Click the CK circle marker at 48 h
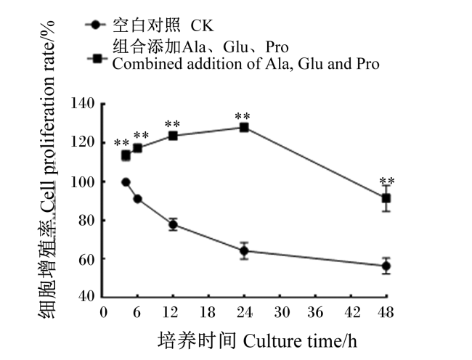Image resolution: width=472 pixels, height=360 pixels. (386, 266)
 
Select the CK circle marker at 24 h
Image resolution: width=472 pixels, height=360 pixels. (244, 250)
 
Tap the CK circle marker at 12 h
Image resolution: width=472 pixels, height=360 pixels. (173, 224)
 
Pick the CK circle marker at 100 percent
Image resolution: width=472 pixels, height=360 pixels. (126, 182)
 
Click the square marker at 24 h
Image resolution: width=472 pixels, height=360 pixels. (244, 128)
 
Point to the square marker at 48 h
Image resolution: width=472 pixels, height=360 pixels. (386, 198)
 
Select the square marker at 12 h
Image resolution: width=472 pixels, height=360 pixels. (173, 136)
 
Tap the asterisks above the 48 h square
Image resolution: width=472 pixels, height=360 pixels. (387, 181)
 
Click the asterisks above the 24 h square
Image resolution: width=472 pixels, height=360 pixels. (243, 116)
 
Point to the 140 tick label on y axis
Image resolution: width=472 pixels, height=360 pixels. (83, 104)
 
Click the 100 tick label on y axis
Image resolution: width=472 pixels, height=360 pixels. (83, 182)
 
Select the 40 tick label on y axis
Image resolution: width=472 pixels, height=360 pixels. (86, 296)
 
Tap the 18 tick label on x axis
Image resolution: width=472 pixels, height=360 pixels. (208, 313)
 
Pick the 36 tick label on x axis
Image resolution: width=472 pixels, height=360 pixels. (315, 313)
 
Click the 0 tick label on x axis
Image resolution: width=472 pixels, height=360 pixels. (104, 313)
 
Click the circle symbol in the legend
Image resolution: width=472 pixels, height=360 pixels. (95, 25)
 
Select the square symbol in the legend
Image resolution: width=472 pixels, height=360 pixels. (97, 58)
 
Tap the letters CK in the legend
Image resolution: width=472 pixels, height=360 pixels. (202, 25)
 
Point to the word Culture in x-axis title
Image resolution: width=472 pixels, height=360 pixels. (272, 342)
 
